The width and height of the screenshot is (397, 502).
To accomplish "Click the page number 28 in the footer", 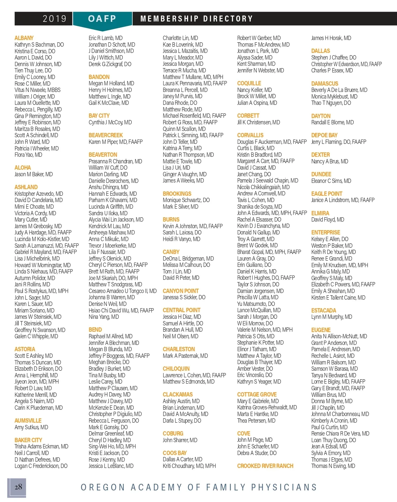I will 18,487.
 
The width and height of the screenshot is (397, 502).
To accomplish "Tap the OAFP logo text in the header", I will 102,19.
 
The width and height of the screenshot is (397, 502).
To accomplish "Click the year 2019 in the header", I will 55,19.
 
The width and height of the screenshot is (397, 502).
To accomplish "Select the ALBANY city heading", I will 24,38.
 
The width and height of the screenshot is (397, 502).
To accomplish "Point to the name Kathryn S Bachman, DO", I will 39,45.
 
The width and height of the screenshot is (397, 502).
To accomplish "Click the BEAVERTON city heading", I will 103,155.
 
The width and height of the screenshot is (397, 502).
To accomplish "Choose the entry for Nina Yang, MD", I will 104,317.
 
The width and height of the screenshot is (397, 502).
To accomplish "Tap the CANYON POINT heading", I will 181,291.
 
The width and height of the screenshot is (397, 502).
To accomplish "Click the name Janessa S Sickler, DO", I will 184,297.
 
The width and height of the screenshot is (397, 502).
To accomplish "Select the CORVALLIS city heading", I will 250,135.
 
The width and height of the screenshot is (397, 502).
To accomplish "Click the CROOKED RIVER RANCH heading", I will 265,466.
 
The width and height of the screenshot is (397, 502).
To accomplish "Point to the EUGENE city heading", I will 321,330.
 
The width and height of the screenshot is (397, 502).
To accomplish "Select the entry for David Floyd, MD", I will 328,220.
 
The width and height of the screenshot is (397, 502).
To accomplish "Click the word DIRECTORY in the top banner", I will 228,19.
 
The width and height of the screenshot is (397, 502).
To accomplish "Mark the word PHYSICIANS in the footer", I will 284,487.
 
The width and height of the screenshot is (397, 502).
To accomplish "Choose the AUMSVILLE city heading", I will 28,421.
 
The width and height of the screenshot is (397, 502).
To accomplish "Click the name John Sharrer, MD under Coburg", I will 180,440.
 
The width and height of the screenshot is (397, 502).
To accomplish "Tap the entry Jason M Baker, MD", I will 33,174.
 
